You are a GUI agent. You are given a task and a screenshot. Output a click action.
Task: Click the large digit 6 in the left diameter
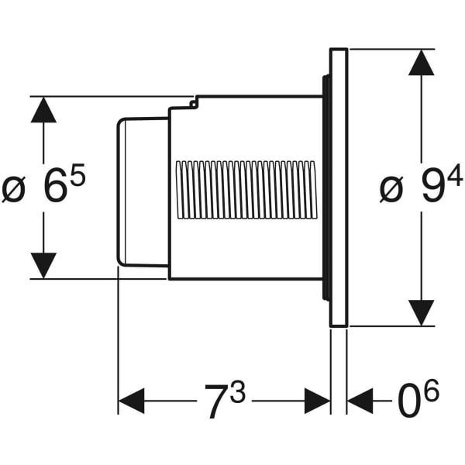click(54, 188)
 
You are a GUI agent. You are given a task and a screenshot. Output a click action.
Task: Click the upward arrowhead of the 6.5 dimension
click(43, 110)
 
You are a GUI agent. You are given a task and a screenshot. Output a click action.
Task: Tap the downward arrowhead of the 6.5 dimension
click(43, 265)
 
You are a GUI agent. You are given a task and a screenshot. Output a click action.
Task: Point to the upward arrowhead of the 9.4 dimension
click(421, 63)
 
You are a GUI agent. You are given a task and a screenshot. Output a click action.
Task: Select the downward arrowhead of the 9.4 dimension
click(421, 312)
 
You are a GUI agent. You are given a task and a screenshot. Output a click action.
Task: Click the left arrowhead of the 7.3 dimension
click(131, 401)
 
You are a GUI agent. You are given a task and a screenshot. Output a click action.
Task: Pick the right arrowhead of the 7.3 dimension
click(318, 401)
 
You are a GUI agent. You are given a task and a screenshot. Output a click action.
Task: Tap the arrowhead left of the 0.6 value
click(360, 401)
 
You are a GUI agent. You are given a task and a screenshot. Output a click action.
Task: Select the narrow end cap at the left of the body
click(142, 191)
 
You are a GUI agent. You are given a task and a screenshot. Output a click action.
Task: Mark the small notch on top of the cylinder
click(195, 100)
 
